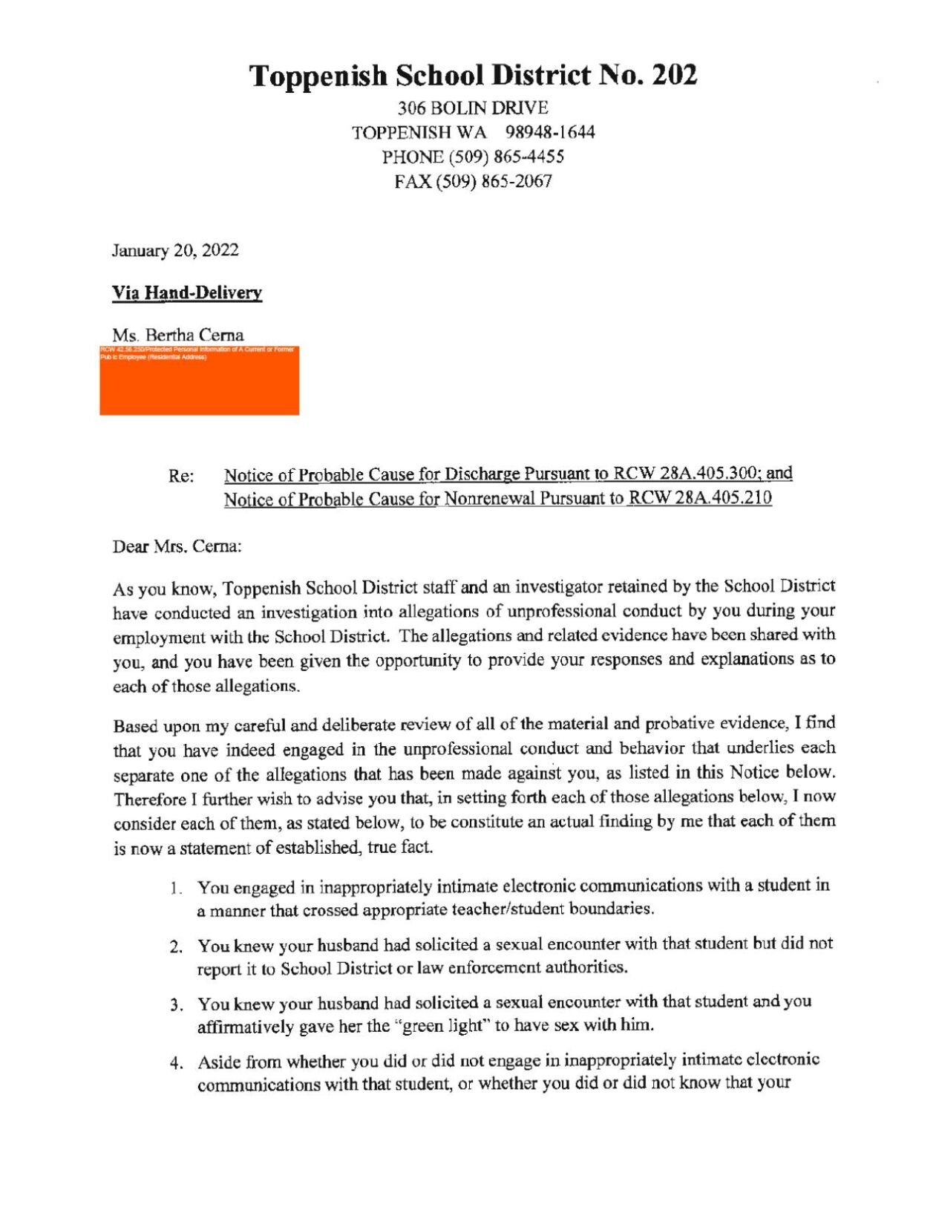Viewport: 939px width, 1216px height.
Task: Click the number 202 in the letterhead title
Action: point(674,76)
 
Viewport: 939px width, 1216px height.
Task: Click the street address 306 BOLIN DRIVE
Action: point(473,108)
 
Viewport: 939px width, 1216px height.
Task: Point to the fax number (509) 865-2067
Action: point(504,182)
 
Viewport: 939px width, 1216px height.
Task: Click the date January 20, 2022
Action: point(175,250)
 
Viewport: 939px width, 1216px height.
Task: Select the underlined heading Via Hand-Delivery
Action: point(187,292)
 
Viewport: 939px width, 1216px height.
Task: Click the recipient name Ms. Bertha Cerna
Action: point(178,335)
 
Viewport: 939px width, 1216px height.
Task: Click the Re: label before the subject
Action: point(181,477)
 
